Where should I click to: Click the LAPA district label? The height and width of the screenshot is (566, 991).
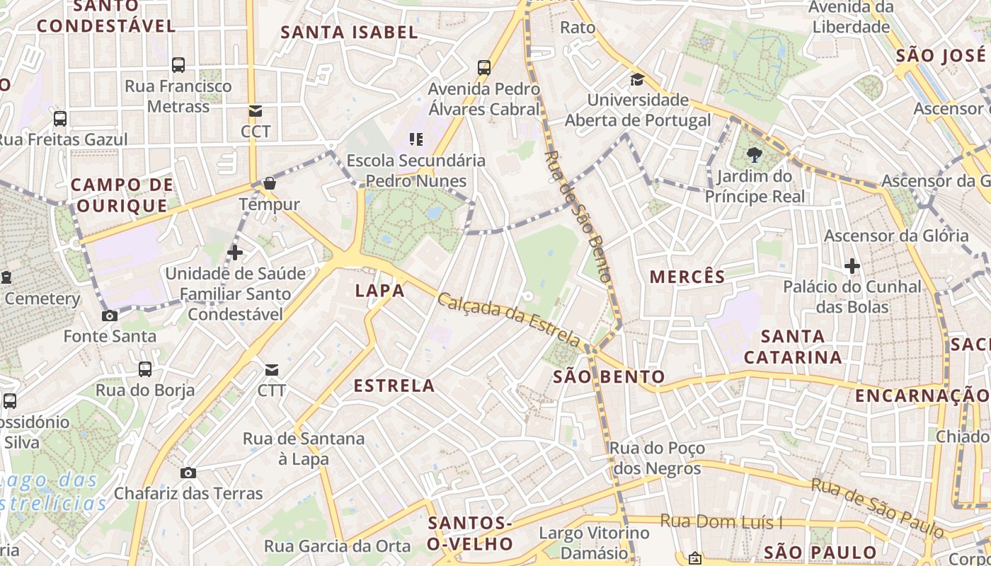pos(379,290)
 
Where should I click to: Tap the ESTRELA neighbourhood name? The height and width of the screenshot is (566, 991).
pos(394,386)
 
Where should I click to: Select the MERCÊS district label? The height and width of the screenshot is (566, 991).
pos(687,277)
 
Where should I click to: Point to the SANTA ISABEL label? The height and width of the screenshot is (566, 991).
pos(349,32)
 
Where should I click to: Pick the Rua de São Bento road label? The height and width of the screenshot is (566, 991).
pos(578,216)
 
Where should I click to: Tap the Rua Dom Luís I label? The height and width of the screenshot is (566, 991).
pos(721,522)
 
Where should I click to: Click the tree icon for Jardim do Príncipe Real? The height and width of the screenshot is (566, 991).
pos(754,155)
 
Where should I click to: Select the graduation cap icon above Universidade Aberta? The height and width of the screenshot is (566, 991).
pos(637,79)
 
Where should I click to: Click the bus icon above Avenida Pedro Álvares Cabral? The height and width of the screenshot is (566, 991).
pos(484,68)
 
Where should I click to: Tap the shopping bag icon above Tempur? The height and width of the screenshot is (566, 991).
pos(269,184)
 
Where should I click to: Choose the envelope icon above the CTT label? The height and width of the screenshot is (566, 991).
pos(272,369)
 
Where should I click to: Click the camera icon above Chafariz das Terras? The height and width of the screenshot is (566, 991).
pos(188,473)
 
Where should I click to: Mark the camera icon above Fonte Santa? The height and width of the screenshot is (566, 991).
pos(110,316)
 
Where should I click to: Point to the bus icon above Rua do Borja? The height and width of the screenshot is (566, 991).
pos(145,369)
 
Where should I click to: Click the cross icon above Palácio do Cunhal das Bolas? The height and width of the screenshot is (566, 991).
pos(852,266)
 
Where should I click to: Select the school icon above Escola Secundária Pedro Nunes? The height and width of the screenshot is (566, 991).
pos(416,139)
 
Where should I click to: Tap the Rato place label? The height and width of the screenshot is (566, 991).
pos(578,28)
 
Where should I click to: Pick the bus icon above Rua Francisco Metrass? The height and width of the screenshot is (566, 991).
pos(178,65)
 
